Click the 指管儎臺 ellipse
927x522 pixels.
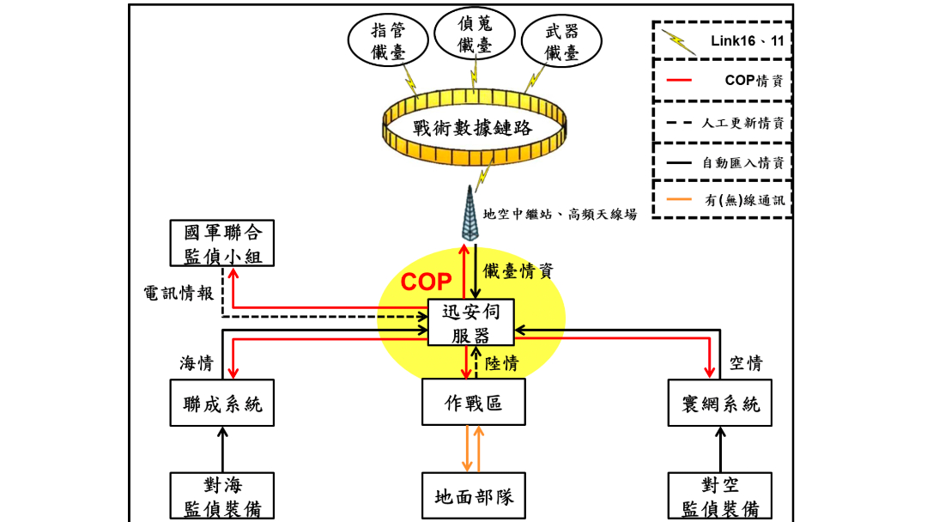(387, 41)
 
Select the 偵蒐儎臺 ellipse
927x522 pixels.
(475, 34)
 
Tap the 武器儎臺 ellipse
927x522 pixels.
(562, 43)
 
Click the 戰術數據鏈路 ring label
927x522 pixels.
(472, 129)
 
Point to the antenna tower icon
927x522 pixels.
(467, 215)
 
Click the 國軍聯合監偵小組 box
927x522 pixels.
(222, 243)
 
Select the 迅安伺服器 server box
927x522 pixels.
(471, 322)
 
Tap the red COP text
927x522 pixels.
(427, 282)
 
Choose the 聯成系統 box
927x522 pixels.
(222, 404)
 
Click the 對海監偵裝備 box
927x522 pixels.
(222, 496)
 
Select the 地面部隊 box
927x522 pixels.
(474, 496)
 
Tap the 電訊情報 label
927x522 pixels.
(178, 292)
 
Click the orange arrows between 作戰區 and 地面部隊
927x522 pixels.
(473, 448)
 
